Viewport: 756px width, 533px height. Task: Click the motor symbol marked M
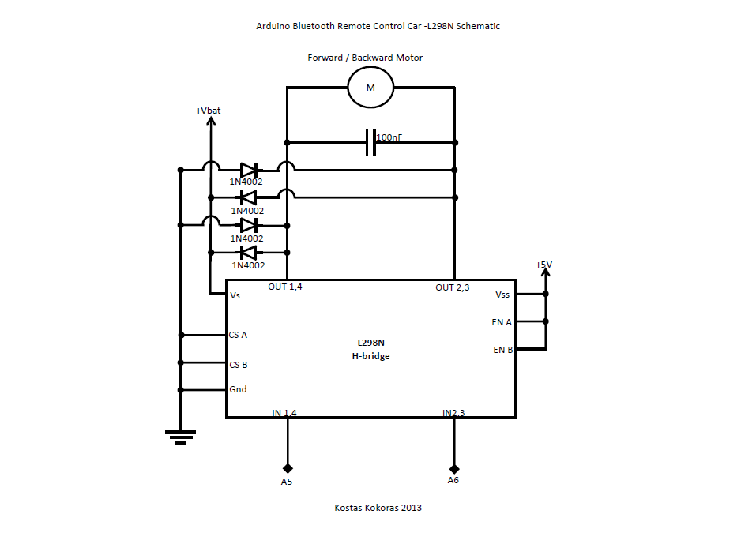370,87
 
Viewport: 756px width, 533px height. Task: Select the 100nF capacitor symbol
370,142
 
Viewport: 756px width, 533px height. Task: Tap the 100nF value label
389,137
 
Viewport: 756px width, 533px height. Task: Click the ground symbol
180,435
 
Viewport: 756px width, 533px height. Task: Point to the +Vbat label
209,111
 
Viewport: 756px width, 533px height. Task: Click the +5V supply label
543,265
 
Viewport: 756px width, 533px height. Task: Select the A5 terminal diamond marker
288,467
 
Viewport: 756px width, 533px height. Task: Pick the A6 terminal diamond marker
453,467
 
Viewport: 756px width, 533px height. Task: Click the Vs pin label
235,295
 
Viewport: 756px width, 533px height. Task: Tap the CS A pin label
238,335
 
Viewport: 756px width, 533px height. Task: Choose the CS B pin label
238,365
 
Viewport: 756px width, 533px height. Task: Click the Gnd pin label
238,389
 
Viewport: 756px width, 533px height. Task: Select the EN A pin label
502,322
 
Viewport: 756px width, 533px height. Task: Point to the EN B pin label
503,350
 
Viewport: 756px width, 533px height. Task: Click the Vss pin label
502,295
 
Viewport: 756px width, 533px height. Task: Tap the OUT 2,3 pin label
452,287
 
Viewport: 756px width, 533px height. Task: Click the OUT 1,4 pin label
284,287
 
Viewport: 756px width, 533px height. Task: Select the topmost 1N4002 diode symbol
248,169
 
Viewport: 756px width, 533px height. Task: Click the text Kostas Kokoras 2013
378,508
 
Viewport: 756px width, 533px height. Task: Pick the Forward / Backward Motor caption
365,58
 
